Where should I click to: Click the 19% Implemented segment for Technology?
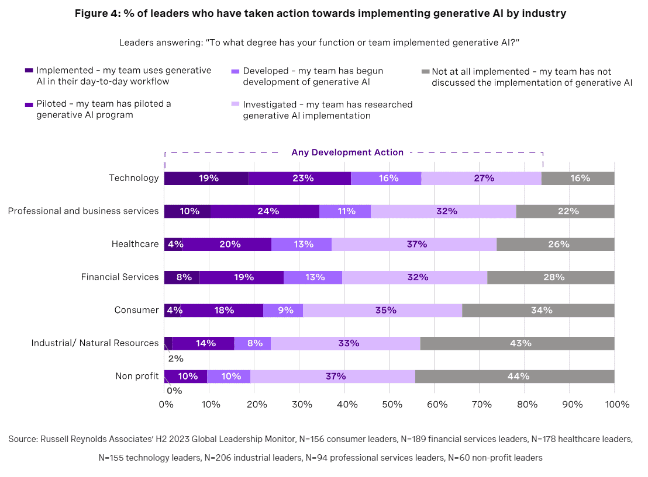(206, 178)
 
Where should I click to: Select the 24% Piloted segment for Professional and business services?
(264, 211)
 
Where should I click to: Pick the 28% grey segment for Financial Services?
(550, 277)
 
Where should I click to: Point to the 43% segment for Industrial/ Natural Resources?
(517, 343)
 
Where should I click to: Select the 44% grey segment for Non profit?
(515, 376)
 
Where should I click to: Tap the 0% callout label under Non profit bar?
(174, 391)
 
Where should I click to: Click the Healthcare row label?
(135, 244)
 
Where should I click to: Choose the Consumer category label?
(136, 310)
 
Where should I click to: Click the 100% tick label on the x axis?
(617, 404)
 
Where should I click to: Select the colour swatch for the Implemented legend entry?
(29, 71)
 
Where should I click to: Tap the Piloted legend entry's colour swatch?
(29, 104)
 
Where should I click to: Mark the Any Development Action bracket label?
(347, 152)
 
